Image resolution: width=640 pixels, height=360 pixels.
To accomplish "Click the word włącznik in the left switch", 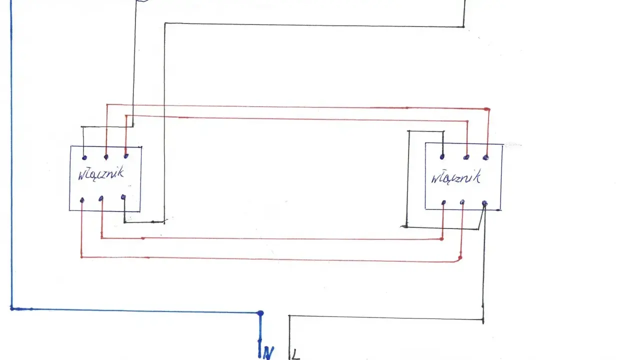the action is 101,173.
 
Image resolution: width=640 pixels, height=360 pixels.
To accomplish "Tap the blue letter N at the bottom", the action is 268,352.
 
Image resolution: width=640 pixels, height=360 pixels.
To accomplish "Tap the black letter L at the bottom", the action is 295,354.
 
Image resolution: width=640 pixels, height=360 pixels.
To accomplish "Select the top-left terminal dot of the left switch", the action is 84,157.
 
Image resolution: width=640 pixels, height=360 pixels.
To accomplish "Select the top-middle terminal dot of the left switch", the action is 106,157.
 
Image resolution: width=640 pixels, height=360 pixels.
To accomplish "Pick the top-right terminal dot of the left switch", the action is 126,156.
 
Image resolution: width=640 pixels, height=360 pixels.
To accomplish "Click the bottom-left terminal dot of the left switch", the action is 82,200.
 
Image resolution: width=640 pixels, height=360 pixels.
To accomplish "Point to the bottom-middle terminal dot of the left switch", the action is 101,198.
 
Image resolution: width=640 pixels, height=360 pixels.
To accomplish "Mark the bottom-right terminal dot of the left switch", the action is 123,197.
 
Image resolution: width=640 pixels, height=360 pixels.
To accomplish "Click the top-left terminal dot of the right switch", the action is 442,157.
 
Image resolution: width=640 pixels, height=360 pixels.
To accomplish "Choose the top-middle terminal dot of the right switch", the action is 466,157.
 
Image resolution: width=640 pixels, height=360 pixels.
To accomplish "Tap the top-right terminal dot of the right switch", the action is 485,157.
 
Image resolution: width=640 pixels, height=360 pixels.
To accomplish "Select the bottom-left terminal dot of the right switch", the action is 443,202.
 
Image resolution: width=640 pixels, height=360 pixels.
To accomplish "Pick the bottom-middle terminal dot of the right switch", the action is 462,202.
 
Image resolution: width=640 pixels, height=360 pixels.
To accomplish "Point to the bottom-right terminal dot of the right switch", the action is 484,203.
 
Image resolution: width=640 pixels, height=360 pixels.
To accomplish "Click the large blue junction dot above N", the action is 260,313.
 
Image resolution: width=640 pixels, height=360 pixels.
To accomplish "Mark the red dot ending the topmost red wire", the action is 487,109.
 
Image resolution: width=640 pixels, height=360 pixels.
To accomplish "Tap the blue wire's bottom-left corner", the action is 11,308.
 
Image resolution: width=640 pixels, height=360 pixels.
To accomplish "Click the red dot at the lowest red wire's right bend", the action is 460,258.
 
